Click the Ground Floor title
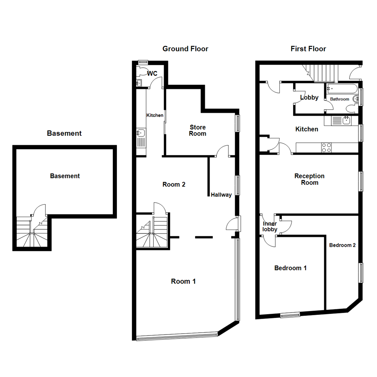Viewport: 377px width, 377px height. pos(185,49)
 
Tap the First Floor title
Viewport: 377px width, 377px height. pos(308,49)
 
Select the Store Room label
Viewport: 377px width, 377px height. pos(198,130)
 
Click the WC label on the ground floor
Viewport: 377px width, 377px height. pos(153,74)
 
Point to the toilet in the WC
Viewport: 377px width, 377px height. pos(141,72)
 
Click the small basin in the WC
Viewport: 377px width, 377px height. pos(139,83)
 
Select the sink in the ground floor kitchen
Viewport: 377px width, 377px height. pos(141,133)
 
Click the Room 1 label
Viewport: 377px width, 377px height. pos(183,281)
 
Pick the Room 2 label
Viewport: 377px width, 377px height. pos(174,184)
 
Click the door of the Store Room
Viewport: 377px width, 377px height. pos(222,151)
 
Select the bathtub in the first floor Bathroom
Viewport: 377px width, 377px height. pos(341,88)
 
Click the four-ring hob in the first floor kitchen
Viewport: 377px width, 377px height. pos(326,148)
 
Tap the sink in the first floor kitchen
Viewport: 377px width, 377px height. pos(346,121)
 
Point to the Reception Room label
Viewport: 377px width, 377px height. pos(309,179)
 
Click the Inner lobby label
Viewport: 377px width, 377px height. pos(269,227)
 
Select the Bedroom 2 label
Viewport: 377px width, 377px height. pos(342,245)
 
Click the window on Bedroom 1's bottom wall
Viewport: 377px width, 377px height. pos(290,315)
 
